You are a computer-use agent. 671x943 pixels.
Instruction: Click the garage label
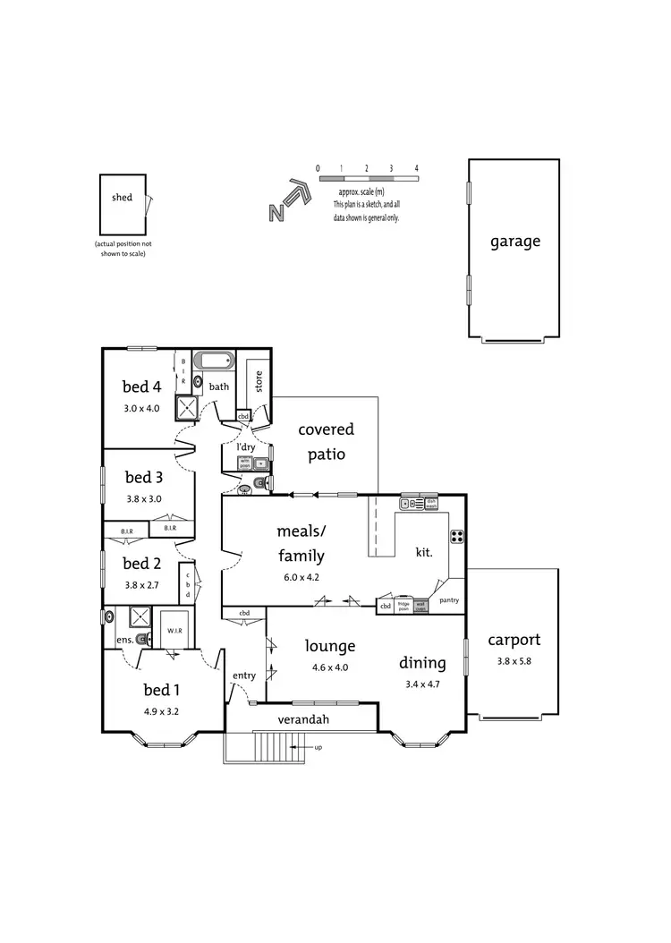coord(514,242)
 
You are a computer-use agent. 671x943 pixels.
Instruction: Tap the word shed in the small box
coord(122,198)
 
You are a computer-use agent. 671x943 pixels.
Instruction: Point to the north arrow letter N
coord(277,212)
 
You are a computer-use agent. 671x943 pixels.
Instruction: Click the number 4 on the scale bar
coord(416,168)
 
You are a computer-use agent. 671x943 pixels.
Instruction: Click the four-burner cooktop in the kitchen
coord(456,537)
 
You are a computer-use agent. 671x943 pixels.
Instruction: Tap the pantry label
coord(448,600)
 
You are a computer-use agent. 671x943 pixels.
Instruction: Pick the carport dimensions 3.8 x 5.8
coord(514,661)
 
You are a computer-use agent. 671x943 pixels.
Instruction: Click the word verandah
coord(299,719)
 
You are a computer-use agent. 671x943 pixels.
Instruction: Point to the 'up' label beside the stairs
coord(318,746)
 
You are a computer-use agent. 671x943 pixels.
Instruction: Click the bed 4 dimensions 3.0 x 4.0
coord(141,408)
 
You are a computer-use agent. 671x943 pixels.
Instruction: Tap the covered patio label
coord(326,442)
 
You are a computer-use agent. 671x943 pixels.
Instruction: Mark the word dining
coord(422,663)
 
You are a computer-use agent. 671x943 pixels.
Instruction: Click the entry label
coord(244,675)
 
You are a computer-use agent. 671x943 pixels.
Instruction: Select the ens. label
coord(123,640)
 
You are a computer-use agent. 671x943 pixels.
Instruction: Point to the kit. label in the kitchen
coord(424,553)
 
